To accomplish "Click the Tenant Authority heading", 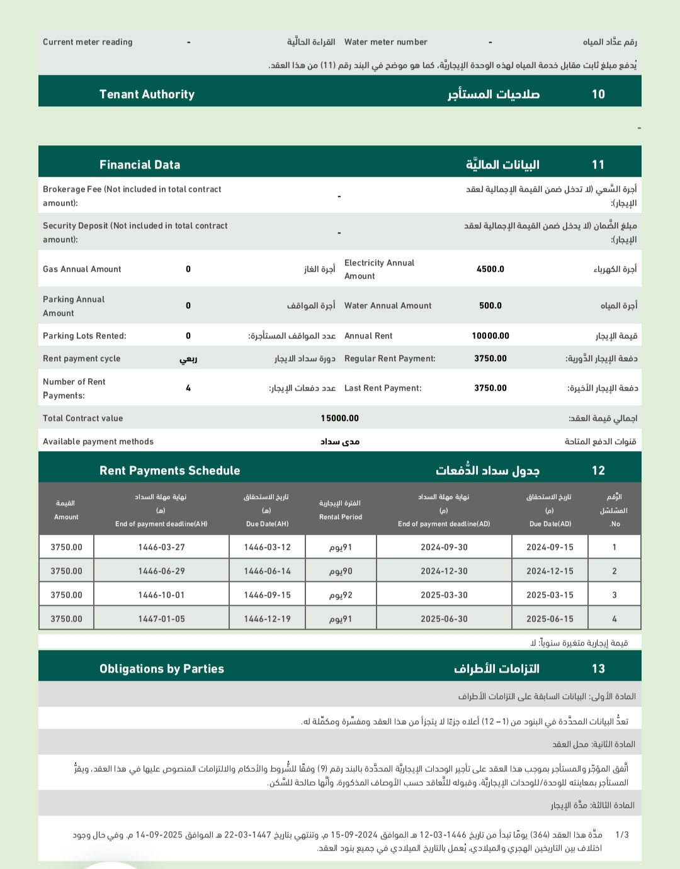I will tap(147, 94).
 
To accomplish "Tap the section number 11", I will tap(598, 165).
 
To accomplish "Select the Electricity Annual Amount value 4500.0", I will tap(490, 269).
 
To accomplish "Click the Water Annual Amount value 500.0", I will tap(490, 306).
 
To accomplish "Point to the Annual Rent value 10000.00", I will tap(490, 336).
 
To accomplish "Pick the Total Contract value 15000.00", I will tap(339, 418).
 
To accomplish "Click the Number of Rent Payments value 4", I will tap(188, 388).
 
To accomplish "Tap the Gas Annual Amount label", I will tap(82, 269).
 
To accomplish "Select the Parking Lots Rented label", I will tap(84, 336).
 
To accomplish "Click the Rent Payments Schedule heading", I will tap(169, 471).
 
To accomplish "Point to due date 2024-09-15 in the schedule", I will tap(550, 547).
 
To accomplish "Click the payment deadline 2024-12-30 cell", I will tap(444, 571).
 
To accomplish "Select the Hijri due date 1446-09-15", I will tap(267, 595).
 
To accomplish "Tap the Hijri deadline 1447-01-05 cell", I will tap(161, 619).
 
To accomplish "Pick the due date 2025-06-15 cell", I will tap(550, 619).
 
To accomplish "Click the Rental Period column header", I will tap(340, 510).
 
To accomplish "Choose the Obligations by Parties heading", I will tap(161, 669).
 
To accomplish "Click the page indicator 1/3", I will tap(621, 835).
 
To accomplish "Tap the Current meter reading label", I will tap(88, 42).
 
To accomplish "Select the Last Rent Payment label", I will tap(383, 388).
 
